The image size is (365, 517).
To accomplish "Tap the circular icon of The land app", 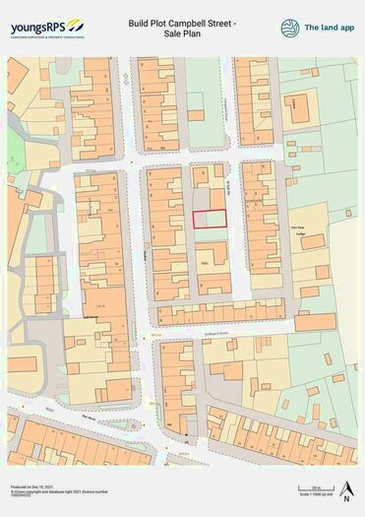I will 289,28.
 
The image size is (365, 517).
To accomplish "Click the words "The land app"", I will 328,28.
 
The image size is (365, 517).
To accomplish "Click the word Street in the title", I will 237,21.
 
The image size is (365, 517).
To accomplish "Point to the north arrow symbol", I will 345,486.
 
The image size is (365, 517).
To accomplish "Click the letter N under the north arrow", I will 345,499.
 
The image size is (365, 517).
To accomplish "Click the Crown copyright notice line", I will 43,491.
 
